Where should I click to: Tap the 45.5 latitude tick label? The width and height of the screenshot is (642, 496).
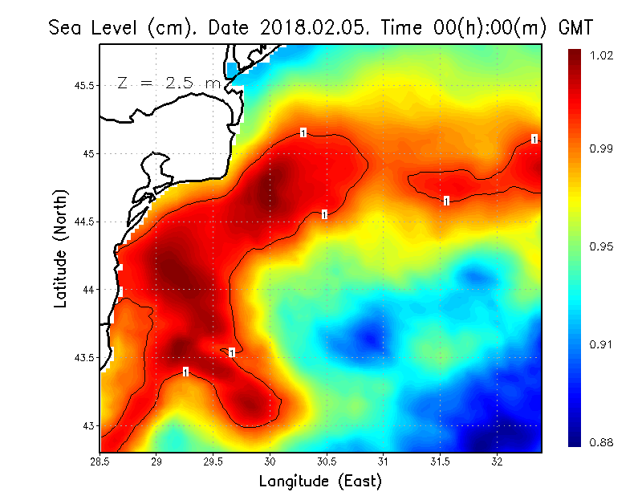coord(84,86)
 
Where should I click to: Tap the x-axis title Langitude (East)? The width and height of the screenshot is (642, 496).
coord(320,482)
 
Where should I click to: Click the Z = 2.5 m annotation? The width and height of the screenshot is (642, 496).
coord(168,83)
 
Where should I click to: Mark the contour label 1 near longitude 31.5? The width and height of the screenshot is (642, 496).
coord(446,201)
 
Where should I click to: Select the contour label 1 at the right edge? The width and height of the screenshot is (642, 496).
coord(534,139)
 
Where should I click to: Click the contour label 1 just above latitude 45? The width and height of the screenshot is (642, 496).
coord(303,132)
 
